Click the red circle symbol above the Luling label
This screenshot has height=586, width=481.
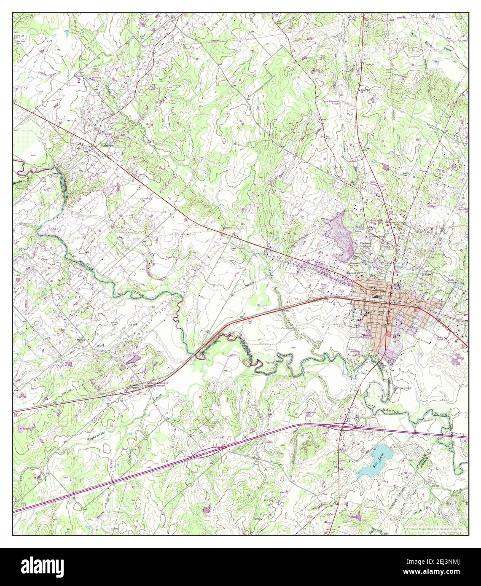pos(372,288)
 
